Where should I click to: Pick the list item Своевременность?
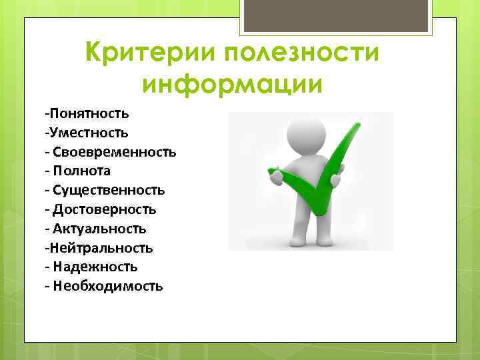click(x=113, y=152)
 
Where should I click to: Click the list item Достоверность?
click(x=103, y=209)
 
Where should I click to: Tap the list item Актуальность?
click(x=98, y=229)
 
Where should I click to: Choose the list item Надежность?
click(x=94, y=267)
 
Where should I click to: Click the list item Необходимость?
click(x=107, y=286)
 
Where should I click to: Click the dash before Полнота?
click(x=47, y=171)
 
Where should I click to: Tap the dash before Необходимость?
click(x=47, y=286)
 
